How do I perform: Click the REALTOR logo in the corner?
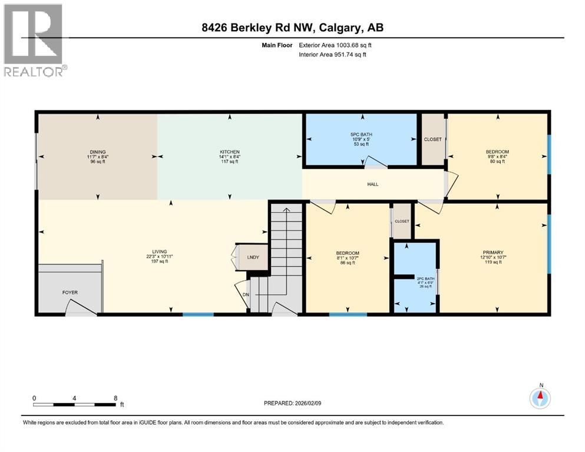tap(34, 40)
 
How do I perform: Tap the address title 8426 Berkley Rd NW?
tap(292, 28)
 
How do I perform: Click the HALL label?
tap(372, 184)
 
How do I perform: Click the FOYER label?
tap(70, 293)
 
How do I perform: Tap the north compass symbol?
tap(540, 397)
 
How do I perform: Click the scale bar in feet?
tap(74, 403)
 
